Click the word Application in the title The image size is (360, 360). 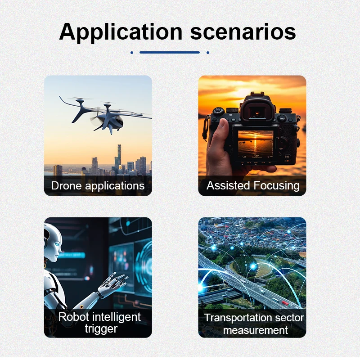121,32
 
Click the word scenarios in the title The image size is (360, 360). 243,32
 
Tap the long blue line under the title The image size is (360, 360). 170,52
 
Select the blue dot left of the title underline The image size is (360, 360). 132,53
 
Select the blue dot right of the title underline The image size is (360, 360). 208,53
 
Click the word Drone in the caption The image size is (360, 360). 66,185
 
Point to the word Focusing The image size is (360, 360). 276,186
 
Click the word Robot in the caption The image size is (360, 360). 73,317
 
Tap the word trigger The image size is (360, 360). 101,329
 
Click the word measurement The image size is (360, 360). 255,330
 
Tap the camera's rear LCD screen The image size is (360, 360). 256,144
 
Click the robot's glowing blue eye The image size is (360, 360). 57,244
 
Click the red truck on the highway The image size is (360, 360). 285,303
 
